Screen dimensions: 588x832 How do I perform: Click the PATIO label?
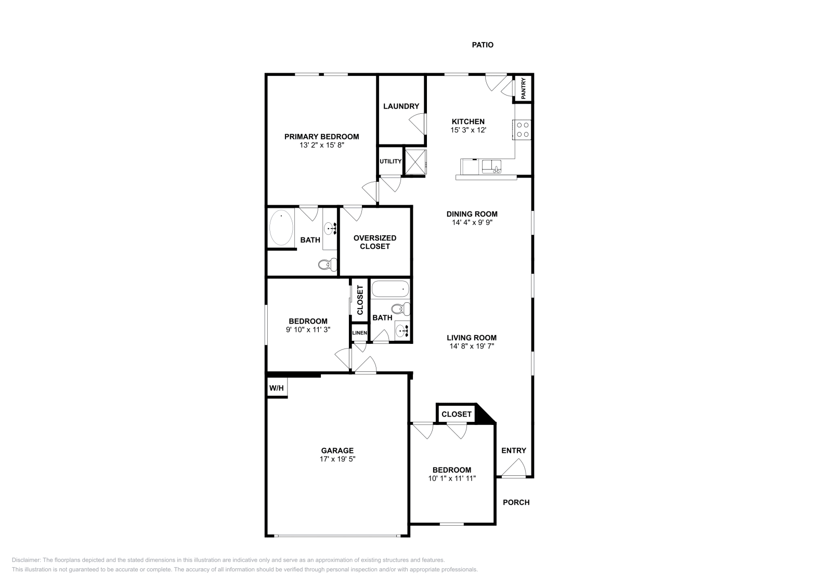click(483, 45)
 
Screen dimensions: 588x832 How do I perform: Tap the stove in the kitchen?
click(522, 129)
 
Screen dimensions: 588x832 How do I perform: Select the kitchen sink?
click(491, 167)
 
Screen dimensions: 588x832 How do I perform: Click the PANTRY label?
click(524, 88)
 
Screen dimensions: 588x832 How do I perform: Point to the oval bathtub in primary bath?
click(281, 228)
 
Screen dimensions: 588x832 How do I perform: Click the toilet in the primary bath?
click(325, 265)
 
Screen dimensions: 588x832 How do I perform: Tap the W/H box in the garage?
click(276, 388)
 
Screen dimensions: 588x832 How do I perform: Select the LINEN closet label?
click(359, 333)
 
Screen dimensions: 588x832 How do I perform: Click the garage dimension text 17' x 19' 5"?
click(337, 459)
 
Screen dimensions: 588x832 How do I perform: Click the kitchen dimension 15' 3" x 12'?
click(468, 130)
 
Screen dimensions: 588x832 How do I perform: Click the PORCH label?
click(516, 502)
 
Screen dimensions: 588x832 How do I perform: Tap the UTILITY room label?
click(390, 162)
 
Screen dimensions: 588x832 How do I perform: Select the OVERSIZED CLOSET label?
click(374, 242)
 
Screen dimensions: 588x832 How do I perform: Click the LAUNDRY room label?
click(401, 106)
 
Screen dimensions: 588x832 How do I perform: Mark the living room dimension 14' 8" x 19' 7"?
click(471, 346)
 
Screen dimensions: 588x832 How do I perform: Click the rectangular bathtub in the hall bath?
click(391, 288)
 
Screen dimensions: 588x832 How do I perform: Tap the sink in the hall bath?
click(402, 330)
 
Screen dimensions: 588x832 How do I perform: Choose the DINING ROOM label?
click(472, 214)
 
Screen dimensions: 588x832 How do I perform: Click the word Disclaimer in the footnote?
click(25, 560)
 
